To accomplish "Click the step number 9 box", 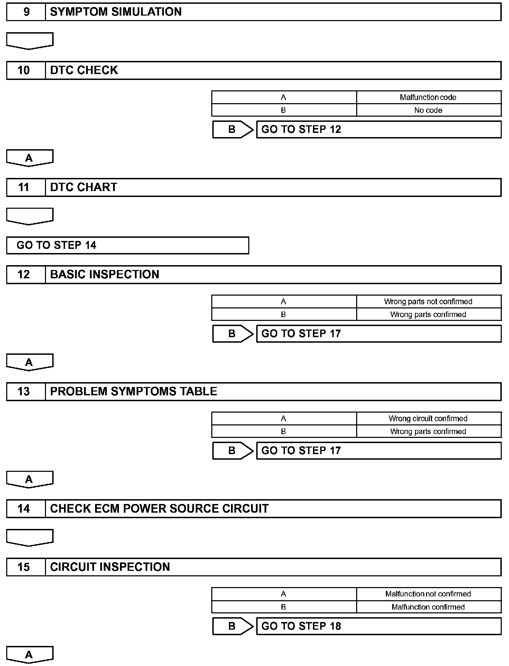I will pyautogui.click(x=26, y=12).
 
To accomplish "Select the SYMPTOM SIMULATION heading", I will pyautogui.click(x=116, y=12).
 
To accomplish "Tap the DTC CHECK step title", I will pyautogui.click(x=84, y=70).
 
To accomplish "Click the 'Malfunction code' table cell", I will pyautogui.click(x=428, y=97).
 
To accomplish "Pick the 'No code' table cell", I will pyautogui.click(x=428, y=110).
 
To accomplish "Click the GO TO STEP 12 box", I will pyautogui.click(x=378, y=129).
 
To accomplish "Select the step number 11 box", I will pyautogui.click(x=26, y=187).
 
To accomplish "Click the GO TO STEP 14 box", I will pyautogui.click(x=127, y=245).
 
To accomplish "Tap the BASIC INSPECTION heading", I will pyautogui.click(x=104, y=274).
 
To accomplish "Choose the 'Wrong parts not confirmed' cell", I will pyautogui.click(x=428, y=301).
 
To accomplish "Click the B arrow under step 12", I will pyautogui.click(x=232, y=334).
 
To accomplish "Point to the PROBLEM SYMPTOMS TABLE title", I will pyautogui.click(x=133, y=391).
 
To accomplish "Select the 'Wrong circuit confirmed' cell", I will pyautogui.click(x=428, y=418).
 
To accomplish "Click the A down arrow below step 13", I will pyautogui.click(x=29, y=479).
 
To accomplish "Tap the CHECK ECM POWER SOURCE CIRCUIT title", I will pyautogui.click(x=159, y=508).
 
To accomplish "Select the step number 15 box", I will pyautogui.click(x=26, y=567).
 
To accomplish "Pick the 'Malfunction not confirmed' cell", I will pyautogui.click(x=428, y=594).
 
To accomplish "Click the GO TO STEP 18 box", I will pyautogui.click(x=378, y=626).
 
